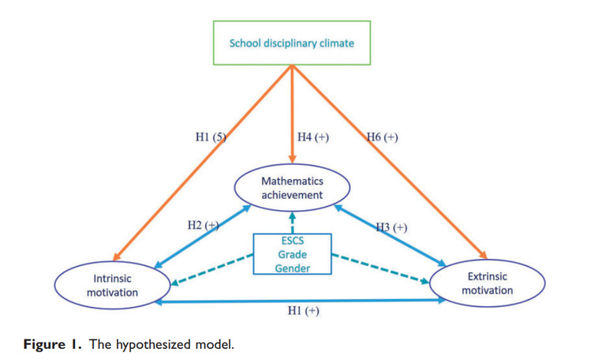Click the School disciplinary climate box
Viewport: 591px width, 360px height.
coord(292,43)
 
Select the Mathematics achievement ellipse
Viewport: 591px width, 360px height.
coord(292,188)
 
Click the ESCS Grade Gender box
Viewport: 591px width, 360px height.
coord(292,253)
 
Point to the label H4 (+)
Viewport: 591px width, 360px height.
coord(312,137)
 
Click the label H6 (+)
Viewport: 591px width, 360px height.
coord(382,137)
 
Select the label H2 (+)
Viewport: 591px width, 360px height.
coord(202,225)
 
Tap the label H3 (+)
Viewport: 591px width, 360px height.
coord(391,227)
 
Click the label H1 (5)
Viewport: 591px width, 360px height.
coord(211,137)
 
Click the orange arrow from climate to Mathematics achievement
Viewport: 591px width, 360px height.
coord(292,118)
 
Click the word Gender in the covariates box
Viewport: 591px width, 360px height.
coord(292,268)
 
